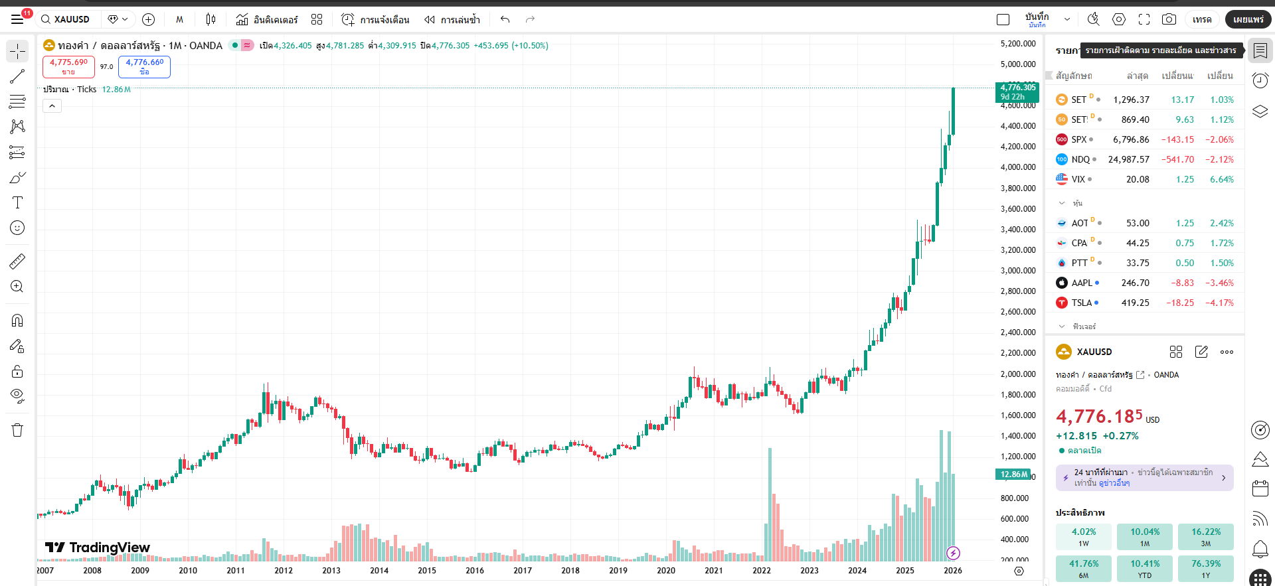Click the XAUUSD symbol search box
click(66, 19)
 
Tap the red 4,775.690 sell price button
click(68, 66)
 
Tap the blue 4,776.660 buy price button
click(144, 66)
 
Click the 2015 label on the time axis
click(427, 571)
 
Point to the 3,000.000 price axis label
click(1018, 271)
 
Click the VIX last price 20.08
click(1137, 179)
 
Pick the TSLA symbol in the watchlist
click(1081, 303)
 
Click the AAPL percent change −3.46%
click(1219, 283)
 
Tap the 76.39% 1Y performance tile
click(1205, 569)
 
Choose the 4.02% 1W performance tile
click(1083, 537)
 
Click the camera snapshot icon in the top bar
click(1169, 19)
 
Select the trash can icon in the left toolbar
click(17, 430)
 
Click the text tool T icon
click(17, 202)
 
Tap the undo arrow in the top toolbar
click(505, 19)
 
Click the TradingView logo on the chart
click(98, 548)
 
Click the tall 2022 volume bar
click(770, 504)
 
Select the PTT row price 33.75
click(1137, 263)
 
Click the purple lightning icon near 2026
click(953, 553)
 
